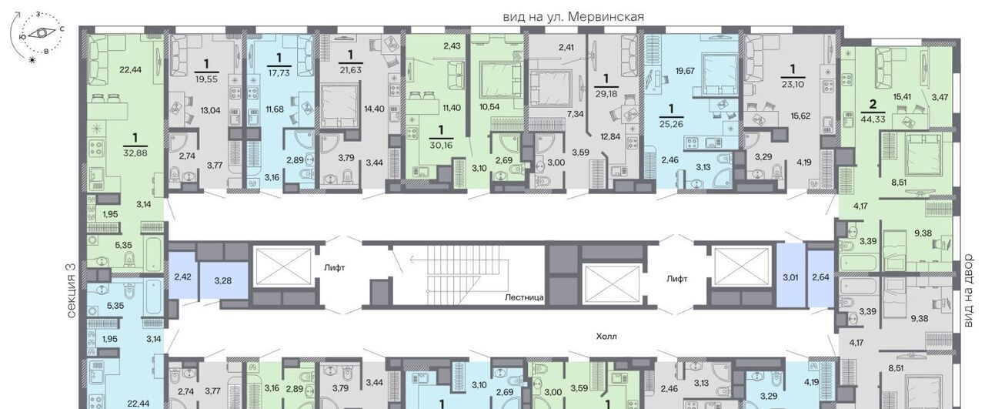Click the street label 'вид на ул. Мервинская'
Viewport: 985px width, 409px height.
point(573,17)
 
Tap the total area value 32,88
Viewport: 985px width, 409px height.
point(135,153)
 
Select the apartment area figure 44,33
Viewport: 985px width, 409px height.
point(873,119)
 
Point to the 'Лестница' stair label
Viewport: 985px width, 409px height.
point(524,297)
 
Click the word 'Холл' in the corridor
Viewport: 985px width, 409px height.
point(606,337)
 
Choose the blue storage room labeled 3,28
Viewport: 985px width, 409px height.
point(223,281)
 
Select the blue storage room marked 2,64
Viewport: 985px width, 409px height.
point(820,279)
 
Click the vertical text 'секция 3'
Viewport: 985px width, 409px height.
point(72,290)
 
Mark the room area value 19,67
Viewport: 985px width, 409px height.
point(685,70)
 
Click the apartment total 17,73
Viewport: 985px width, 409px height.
point(279,72)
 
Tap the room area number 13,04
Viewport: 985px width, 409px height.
point(210,110)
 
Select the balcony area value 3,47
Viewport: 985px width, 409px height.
point(940,97)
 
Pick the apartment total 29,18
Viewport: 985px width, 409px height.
point(606,94)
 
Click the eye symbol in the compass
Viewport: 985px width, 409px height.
point(42,33)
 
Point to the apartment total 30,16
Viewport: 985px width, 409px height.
point(441,146)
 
